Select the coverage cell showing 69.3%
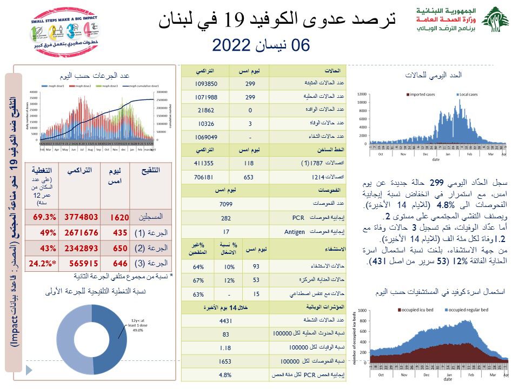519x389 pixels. (x=45, y=217)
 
